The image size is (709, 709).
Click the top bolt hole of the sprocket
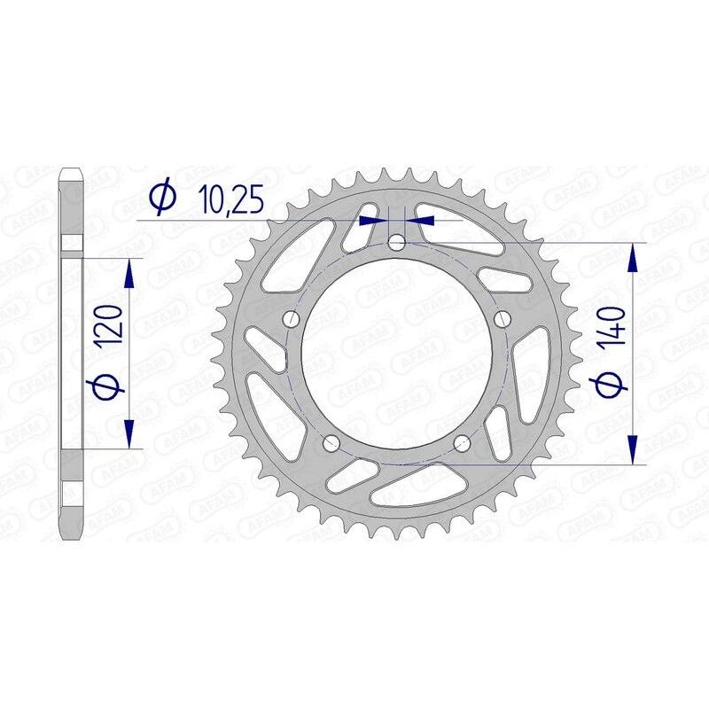(397, 242)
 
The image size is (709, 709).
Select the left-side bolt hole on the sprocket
(292, 319)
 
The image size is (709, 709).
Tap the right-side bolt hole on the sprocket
(503, 319)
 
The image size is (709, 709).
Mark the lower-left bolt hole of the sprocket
(332, 443)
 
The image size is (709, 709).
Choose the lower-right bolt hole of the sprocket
(462, 443)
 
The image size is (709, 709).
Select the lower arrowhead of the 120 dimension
(130, 434)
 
